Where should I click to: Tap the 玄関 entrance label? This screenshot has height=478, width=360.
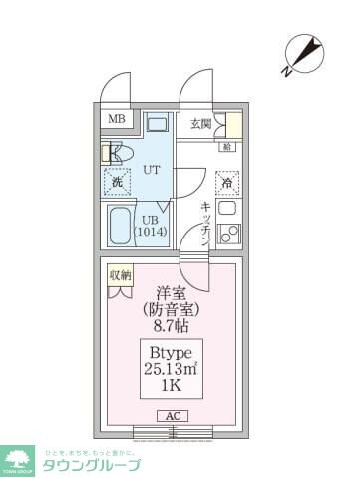pos(200,124)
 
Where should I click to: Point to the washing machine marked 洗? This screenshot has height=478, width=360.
pos(117,182)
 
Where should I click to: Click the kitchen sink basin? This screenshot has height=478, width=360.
pos(226,211)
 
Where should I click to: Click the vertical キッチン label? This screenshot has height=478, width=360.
pos(204,221)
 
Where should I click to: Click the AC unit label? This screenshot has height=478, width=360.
pos(171,415)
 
